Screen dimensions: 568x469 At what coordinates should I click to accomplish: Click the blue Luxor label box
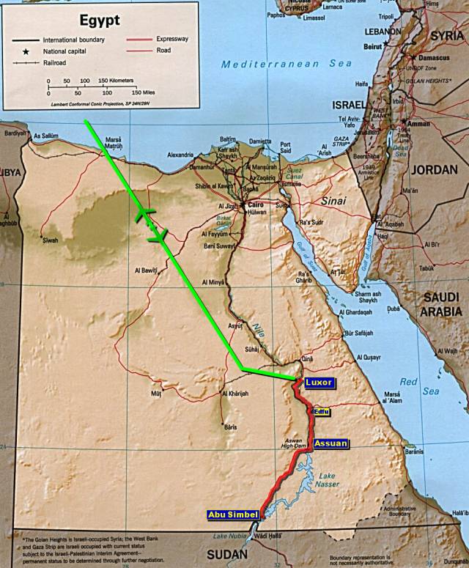pyautogui.click(x=319, y=383)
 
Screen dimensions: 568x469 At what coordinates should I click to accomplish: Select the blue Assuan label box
pyautogui.click(x=330, y=443)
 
